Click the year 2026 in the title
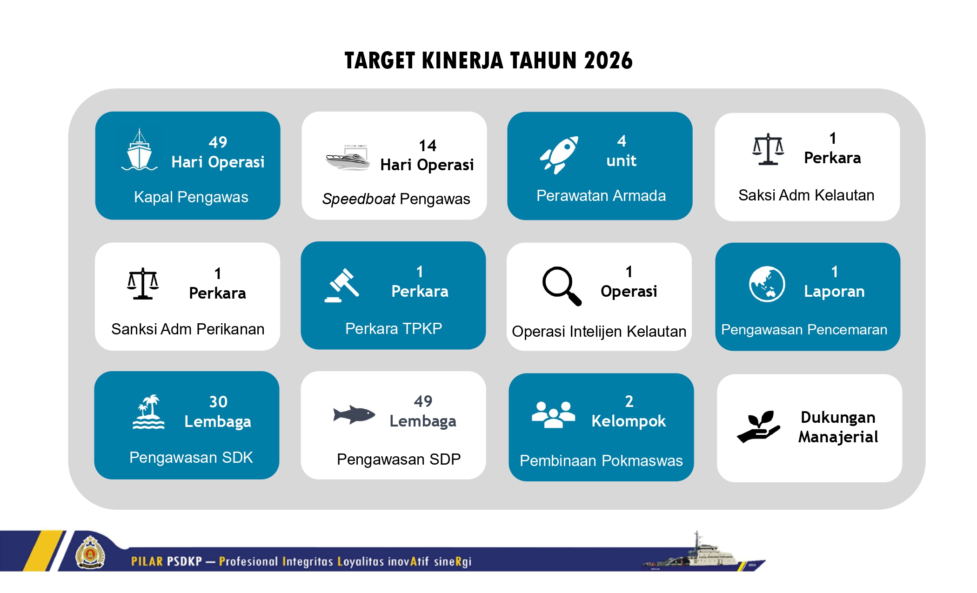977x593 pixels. (x=608, y=60)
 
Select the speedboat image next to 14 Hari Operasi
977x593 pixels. (x=348, y=158)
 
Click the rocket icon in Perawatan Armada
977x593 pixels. (x=559, y=155)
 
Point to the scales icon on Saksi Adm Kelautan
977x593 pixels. (x=768, y=149)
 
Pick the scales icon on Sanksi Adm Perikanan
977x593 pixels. (x=143, y=283)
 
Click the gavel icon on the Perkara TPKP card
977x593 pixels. (x=341, y=286)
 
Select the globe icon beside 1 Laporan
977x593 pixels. (x=767, y=284)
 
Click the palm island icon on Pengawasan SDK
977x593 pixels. (x=148, y=412)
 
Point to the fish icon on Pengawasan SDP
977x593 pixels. (x=354, y=414)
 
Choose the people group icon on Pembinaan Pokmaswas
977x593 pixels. (x=553, y=414)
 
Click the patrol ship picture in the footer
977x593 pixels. (x=703, y=553)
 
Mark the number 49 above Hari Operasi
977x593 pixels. (x=218, y=142)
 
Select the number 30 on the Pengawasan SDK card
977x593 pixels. (x=218, y=401)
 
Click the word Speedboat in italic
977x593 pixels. (x=359, y=199)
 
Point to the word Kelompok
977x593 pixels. (x=629, y=421)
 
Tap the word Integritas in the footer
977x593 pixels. (x=308, y=561)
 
